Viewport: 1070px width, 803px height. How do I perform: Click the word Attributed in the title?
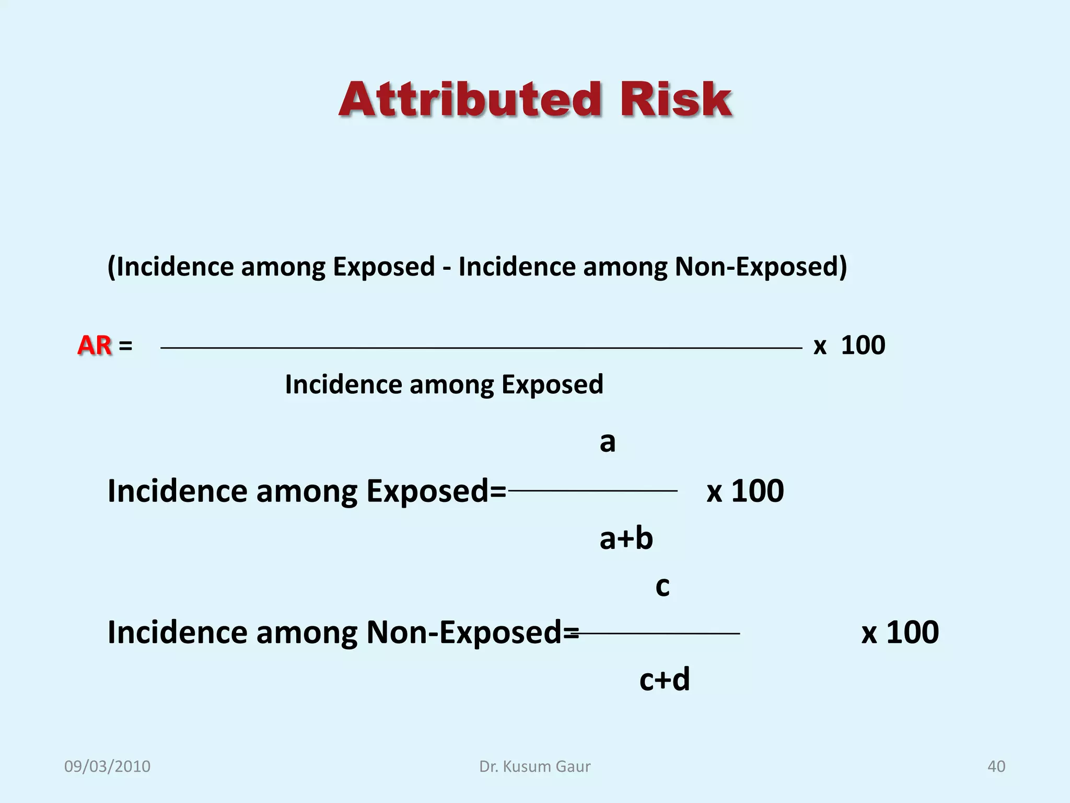tap(470, 100)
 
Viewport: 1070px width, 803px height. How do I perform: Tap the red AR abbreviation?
tap(95, 346)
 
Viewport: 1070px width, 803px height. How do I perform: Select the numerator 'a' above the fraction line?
tap(607, 442)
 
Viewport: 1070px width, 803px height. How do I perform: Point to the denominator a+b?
tap(626, 538)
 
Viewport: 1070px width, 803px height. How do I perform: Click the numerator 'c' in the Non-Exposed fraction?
tap(662, 586)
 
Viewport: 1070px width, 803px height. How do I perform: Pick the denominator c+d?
tap(665, 680)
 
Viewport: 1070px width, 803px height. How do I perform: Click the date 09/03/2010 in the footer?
tap(107, 766)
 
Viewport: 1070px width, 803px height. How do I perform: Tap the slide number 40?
tap(996, 766)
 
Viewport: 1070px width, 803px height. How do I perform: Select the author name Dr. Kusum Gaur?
tap(534, 766)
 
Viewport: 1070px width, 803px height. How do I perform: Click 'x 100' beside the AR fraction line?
tap(849, 346)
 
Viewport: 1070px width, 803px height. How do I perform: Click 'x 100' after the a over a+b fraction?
tap(745, 491)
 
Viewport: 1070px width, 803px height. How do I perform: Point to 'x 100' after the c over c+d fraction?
tap(900, 632)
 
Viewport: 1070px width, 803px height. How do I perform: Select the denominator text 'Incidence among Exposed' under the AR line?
tap(444, 385)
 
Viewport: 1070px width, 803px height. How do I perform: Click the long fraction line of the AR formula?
tap(481, 348)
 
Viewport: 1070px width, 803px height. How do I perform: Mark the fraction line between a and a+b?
tap(592, 491)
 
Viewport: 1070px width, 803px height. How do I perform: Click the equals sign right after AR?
tap(125, 346)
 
